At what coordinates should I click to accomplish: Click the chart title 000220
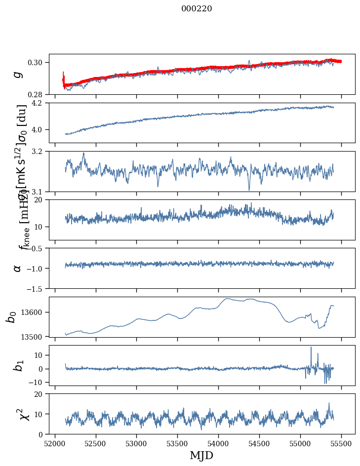pos(197,9)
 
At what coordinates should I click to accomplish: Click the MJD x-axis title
pos(201,456)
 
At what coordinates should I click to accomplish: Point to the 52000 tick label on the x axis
pos(54,443)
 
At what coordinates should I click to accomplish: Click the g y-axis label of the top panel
pos(18,74)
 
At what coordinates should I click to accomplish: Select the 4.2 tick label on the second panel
pos(40,103)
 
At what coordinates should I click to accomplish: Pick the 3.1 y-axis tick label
pos(40,191)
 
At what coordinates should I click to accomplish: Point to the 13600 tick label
pos(34,312)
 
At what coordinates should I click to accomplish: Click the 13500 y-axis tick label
pos(34,336)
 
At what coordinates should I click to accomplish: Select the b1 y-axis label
pos(18,365)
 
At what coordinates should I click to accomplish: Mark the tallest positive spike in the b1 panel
pos(311,348)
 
